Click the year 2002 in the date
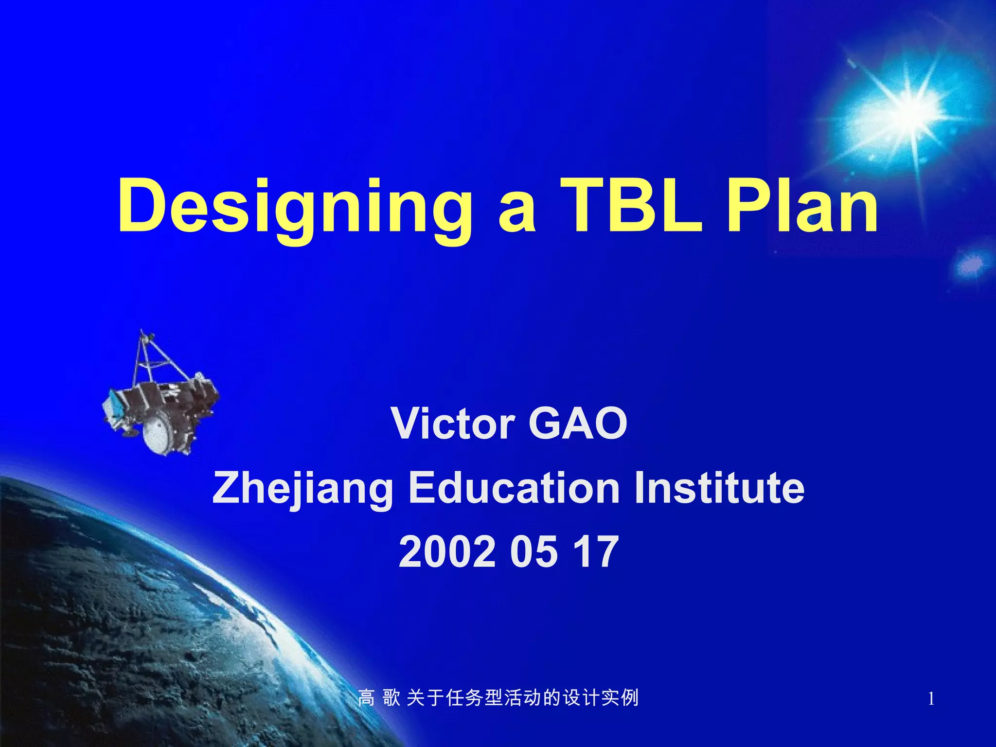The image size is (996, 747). [x=447, y=552]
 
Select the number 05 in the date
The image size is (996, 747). [x=534, y=552]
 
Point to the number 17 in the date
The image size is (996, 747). [x=596, y=552]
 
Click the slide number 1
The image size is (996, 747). [x=931, y=699]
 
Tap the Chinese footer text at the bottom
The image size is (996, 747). [x=498, y=698]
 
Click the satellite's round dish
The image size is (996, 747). [x=158, y=433]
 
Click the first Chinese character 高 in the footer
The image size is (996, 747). [x=366, y=698]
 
